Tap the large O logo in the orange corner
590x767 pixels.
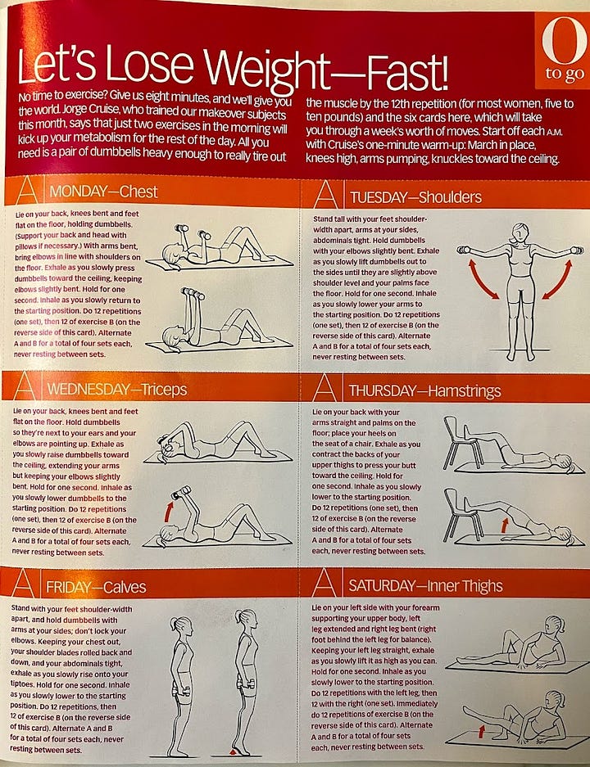(564, 39)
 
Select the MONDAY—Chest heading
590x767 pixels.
(103, 192)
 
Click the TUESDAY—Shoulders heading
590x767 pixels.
(415, 197)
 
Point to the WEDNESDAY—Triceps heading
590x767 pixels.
(117, 390)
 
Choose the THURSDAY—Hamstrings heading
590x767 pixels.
(424, 390)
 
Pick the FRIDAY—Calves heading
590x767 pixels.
(96, 587)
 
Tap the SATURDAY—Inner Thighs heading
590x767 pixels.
(425, 585)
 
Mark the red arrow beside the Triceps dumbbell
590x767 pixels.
(169, 510)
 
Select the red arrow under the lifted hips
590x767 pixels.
(504, 526)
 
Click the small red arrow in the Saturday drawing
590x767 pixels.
(482, 731)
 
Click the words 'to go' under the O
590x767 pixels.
(565, 74)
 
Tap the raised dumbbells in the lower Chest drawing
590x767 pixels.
(193, 294)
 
